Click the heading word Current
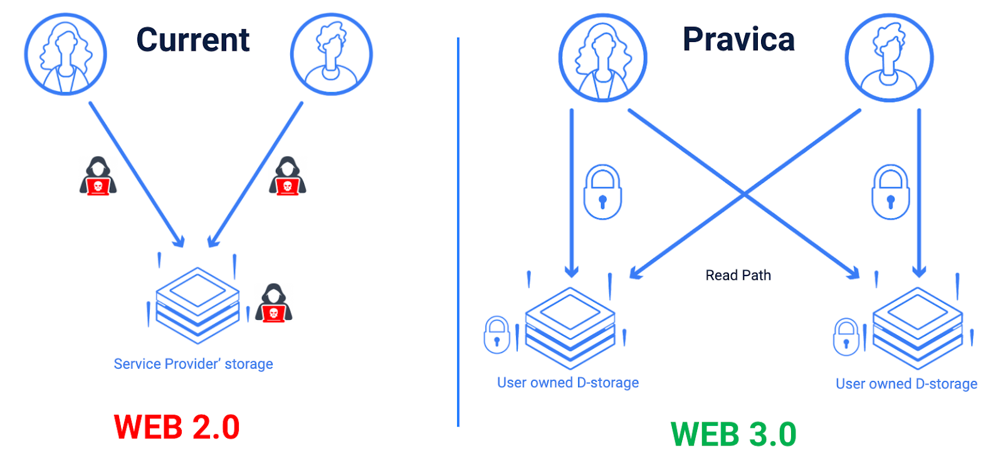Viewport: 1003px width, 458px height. (192, 40)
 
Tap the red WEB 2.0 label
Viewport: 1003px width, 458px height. (177, 427)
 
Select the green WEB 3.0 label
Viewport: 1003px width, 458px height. (733, 434)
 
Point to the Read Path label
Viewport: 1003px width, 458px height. (738, 275)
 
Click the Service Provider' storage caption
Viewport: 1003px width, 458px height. (193, 364)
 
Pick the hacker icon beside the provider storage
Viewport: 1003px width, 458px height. (273, 303)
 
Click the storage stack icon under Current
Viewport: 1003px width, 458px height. (197, 305)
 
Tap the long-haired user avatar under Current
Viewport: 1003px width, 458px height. (65, 55)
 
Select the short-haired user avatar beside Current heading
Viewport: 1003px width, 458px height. (331, 55)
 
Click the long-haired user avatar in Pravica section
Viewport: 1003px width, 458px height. (602, 58)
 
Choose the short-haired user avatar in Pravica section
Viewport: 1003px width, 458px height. (889, 58)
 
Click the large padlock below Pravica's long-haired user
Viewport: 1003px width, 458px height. (602, 192)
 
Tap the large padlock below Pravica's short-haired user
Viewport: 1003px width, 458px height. (890, 192)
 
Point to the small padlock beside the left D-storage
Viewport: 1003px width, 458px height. (496, 335)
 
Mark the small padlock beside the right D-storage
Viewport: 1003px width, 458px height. (846, 337)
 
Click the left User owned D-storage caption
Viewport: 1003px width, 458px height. (568, 383)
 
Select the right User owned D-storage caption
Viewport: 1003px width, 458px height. (906, 384)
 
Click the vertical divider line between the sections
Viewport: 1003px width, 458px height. (458, 232)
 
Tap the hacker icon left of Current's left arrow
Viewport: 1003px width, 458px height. (98, 176)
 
